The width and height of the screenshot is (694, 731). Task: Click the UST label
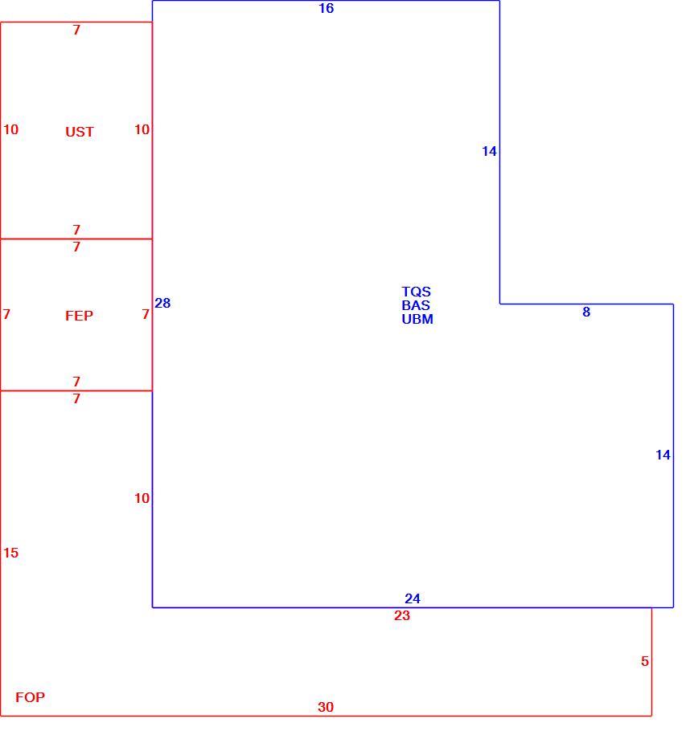click(80, 132)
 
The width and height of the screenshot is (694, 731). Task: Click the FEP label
click(79, 316)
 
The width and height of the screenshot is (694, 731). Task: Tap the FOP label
click(30, 697)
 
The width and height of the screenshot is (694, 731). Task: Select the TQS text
click(416, 292)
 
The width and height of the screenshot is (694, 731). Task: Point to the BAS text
click(416, 305)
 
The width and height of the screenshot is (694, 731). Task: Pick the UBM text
click(417, 319)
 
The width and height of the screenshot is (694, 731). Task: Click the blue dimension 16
click(326, 8)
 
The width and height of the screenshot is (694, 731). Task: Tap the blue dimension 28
click(162, 303)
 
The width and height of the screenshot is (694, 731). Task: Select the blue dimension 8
click(586, 312)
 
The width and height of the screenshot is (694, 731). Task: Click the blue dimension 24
click(412, 598)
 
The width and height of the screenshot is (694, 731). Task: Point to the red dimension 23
click(402, 615)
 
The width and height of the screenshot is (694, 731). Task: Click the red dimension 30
click(326, 707)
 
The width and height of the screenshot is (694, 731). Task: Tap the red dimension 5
click(644, 661)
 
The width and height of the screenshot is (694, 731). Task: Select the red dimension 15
click(10, 553)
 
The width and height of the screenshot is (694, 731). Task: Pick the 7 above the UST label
click(76, 30)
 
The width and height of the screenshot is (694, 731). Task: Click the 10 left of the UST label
click(10, 129)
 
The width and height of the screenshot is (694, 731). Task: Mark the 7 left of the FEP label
click(6, 314)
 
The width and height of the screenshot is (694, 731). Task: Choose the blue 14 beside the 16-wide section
click(489, 151)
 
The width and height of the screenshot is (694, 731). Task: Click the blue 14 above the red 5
click(663, 455)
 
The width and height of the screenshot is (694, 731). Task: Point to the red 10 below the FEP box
click(142, 498)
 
